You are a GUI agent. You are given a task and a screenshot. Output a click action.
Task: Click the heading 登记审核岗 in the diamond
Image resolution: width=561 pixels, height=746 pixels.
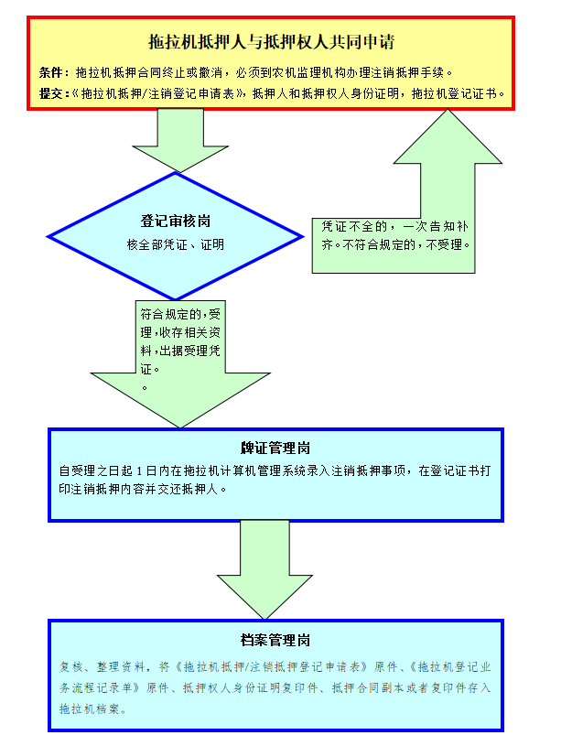pos(176,222)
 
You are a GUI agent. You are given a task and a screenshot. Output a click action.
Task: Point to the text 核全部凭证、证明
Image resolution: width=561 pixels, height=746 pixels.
pos(176,244)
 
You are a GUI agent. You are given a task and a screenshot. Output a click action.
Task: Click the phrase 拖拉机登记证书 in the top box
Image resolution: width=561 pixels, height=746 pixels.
pos(455,92)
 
